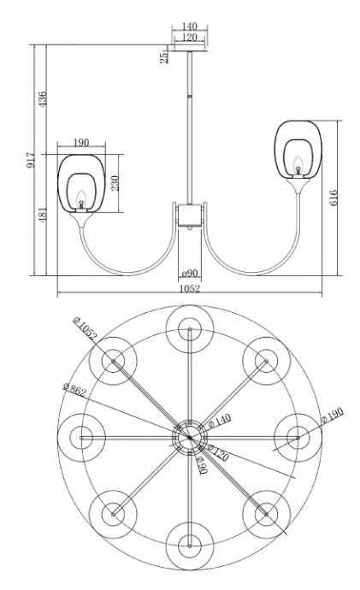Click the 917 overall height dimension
tap(29, 162)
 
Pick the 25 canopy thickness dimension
tap(162, 56)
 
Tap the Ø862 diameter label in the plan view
tap(74, 388)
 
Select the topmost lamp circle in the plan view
tap(188, 329)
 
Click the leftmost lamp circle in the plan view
tap(81, 436)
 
